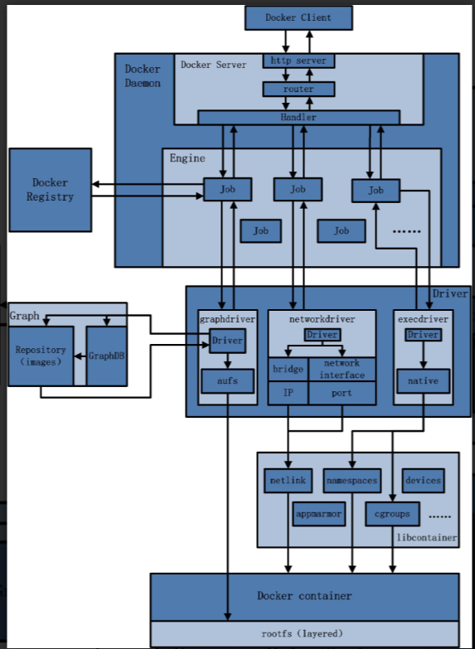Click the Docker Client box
(298, 17)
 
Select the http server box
(298, 61)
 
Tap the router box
(298, 89)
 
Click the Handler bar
(298, 118)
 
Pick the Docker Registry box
(50, 190)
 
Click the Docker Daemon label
(143, 76)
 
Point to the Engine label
(187, 157)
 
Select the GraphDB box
(106, 356)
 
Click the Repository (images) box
(40, 356)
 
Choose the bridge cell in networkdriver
(288, 369)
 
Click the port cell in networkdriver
(342, 393)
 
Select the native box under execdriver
(423, 381)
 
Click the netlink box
(288, 480)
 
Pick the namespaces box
(351, 480)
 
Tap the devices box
(422, 480)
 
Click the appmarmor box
(318, 514)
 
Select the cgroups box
(392, 514)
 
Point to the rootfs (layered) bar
(303, 633)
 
